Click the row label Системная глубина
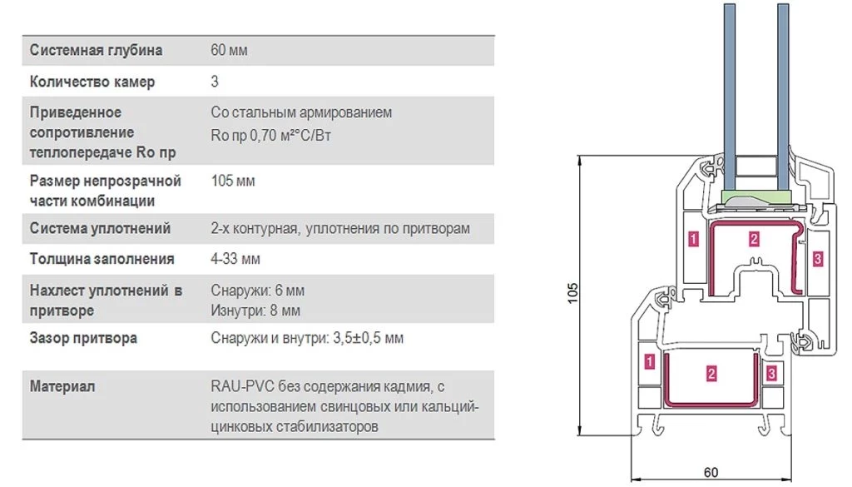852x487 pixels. (x=96, y=51)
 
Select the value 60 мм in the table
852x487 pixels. (x=229, y=50)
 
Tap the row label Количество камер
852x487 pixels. (x=92, y=82)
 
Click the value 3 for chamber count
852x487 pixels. (x=215, y=82)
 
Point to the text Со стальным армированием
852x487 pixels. (x=301, y=112)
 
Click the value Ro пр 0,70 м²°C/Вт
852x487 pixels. (x=270, y=136)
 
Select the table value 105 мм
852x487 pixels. (x=233, y=181)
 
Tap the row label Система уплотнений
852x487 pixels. (x=100, y=228)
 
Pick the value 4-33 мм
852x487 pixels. (x=235, y=259)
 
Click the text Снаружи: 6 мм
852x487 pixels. (x=258, y=291)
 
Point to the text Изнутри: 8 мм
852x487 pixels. (x=255, y=311)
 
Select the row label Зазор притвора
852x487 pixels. (x=83, y=338)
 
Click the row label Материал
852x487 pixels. (x=62, y=386)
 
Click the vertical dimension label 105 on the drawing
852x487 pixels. (x=572, y=293)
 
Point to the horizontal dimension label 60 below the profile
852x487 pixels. (x=711, y=472)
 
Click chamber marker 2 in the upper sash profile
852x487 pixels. (x=753, y=239)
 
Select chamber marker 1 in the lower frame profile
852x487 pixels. (x=649, y=362)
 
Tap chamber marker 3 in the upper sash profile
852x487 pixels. (x=817, y=259)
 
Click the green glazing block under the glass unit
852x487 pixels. (x=755, y=197)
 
